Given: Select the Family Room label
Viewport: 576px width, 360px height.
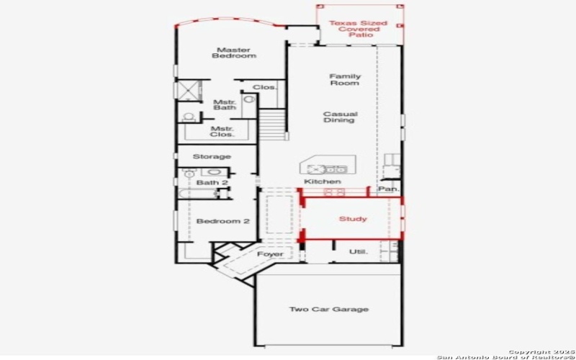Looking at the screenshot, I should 345,80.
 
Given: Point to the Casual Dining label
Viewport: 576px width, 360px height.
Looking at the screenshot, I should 340,117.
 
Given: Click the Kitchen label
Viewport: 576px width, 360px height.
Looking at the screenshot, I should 322,181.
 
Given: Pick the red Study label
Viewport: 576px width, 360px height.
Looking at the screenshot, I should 353,219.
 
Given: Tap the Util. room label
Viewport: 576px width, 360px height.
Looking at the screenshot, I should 358,252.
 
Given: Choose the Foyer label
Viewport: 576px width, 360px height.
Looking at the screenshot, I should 270,254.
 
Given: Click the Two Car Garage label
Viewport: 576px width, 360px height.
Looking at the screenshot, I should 329,310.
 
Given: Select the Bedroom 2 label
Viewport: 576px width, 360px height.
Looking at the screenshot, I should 223,221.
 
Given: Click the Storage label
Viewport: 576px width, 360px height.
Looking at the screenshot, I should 212,156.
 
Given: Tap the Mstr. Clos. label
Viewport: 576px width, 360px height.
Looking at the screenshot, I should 220,132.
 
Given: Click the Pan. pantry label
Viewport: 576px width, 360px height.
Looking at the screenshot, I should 389,189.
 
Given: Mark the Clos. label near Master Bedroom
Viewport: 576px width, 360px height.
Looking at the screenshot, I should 264,87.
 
